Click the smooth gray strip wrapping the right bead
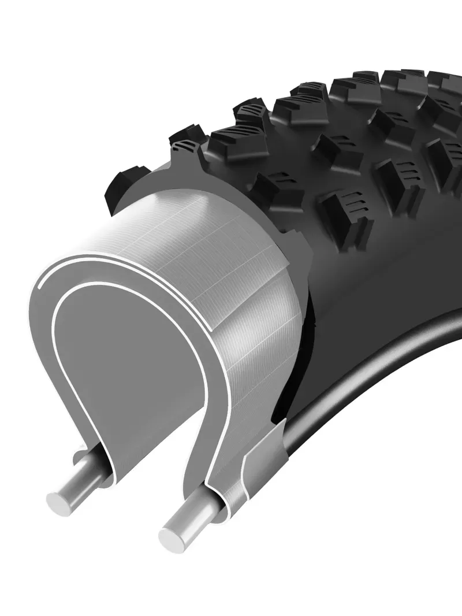point(263,457)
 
